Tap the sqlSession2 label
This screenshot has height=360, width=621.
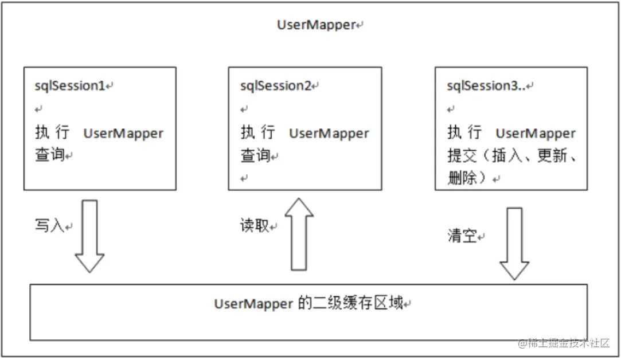[x=276, y=86]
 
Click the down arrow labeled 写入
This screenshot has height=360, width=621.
[x=90, y=235]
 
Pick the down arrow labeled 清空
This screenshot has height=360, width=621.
[x=514, y=243]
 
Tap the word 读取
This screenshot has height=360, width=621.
[x=254, y=226]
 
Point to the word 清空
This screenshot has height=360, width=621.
[x=462, y=236]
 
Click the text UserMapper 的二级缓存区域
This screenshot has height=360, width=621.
[x=310, y=303]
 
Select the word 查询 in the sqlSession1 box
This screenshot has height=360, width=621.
[x=50, y=155]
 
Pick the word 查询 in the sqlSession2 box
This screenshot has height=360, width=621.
[x=255, y=155]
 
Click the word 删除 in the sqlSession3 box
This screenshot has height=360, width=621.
[x=462, y=178]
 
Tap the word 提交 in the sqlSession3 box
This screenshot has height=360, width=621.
[x=462, y=156]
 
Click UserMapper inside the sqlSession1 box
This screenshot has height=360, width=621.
[x=123, y=134]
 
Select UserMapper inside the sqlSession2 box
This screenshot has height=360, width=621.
[x=329, y=134]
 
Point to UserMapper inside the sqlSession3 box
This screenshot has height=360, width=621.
[x=535, y=134]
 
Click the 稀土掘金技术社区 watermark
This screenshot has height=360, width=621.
[x=568, y=343]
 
